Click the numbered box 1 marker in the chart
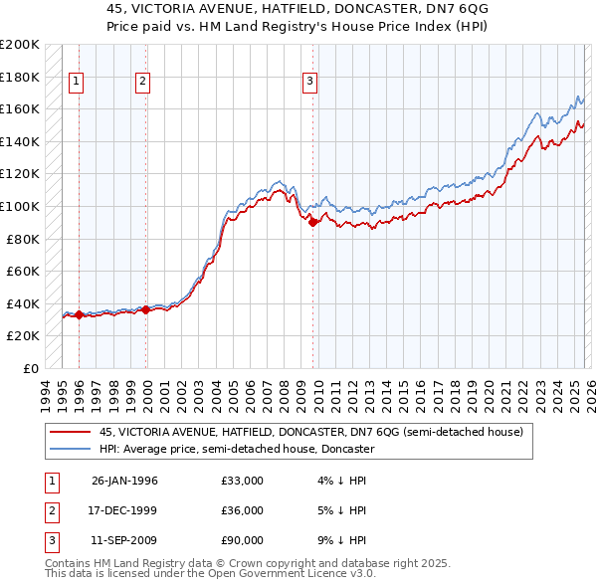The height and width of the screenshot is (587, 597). tap(78, 82)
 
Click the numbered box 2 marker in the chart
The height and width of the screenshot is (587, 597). tap(143, 82)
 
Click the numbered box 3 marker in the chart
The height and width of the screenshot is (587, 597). tap(309, 82)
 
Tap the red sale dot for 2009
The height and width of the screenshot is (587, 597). tap(312, 223)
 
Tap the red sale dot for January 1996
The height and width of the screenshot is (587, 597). tap(79, 314)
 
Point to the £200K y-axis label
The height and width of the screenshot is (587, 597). tap(21, 45)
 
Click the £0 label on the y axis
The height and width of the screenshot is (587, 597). tap(31, 368)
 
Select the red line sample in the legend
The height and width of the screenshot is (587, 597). tap(71, 432)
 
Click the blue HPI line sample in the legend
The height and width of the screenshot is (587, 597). tap(71, 449)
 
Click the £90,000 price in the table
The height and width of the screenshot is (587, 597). tap(243, 540)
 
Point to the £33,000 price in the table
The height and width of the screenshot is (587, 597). tap(243, 481)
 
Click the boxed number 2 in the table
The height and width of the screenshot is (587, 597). tap(50, 510)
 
